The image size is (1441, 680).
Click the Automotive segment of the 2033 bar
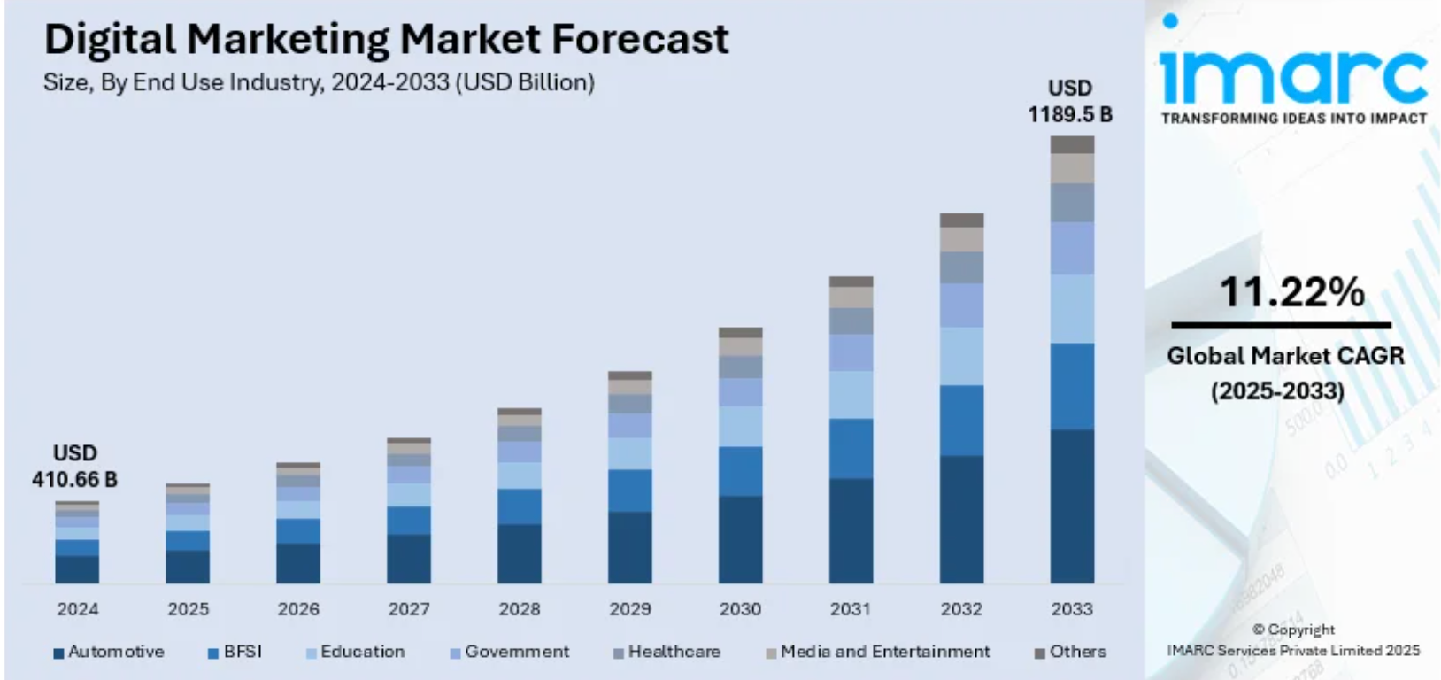click(x=1072, y=506)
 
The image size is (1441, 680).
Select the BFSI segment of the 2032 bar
click(x=961, y=421)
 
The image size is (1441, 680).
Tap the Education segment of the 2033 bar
click(x=1072, y=308)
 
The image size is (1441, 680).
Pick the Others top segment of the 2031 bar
click(x=851, y=282)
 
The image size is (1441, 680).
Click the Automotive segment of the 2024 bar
click(x=77, y=568)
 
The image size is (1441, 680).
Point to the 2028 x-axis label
click(x=519, y=609)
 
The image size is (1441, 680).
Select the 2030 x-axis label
click(x=740, y=609)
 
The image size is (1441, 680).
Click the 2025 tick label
click(x=188, y=609)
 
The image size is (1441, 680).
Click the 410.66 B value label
click(x=74, y=479)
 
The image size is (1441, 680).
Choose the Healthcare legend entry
click(x=674, y=652)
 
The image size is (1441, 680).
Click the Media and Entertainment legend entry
click(x=884, y=652)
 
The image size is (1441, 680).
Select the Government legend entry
click(x=517, y=652)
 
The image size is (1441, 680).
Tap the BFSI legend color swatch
click(x=213, y=653)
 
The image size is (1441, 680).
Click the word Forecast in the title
click(x=640, y=39)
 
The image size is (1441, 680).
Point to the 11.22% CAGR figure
click(x=1291, y=292)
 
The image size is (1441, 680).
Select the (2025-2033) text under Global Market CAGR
click(x=1277, y=390)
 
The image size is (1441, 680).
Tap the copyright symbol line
click(x=1293, y=630)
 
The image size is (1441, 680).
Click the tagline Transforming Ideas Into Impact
click(x=1293, y=119)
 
